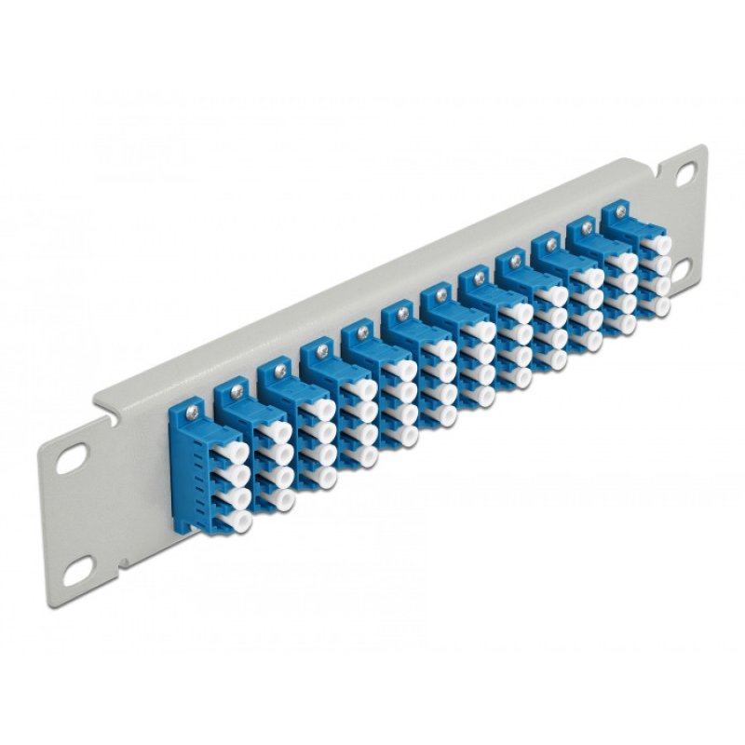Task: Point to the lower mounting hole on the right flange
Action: click(683, 264)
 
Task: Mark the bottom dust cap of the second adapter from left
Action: click(278, 501)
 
